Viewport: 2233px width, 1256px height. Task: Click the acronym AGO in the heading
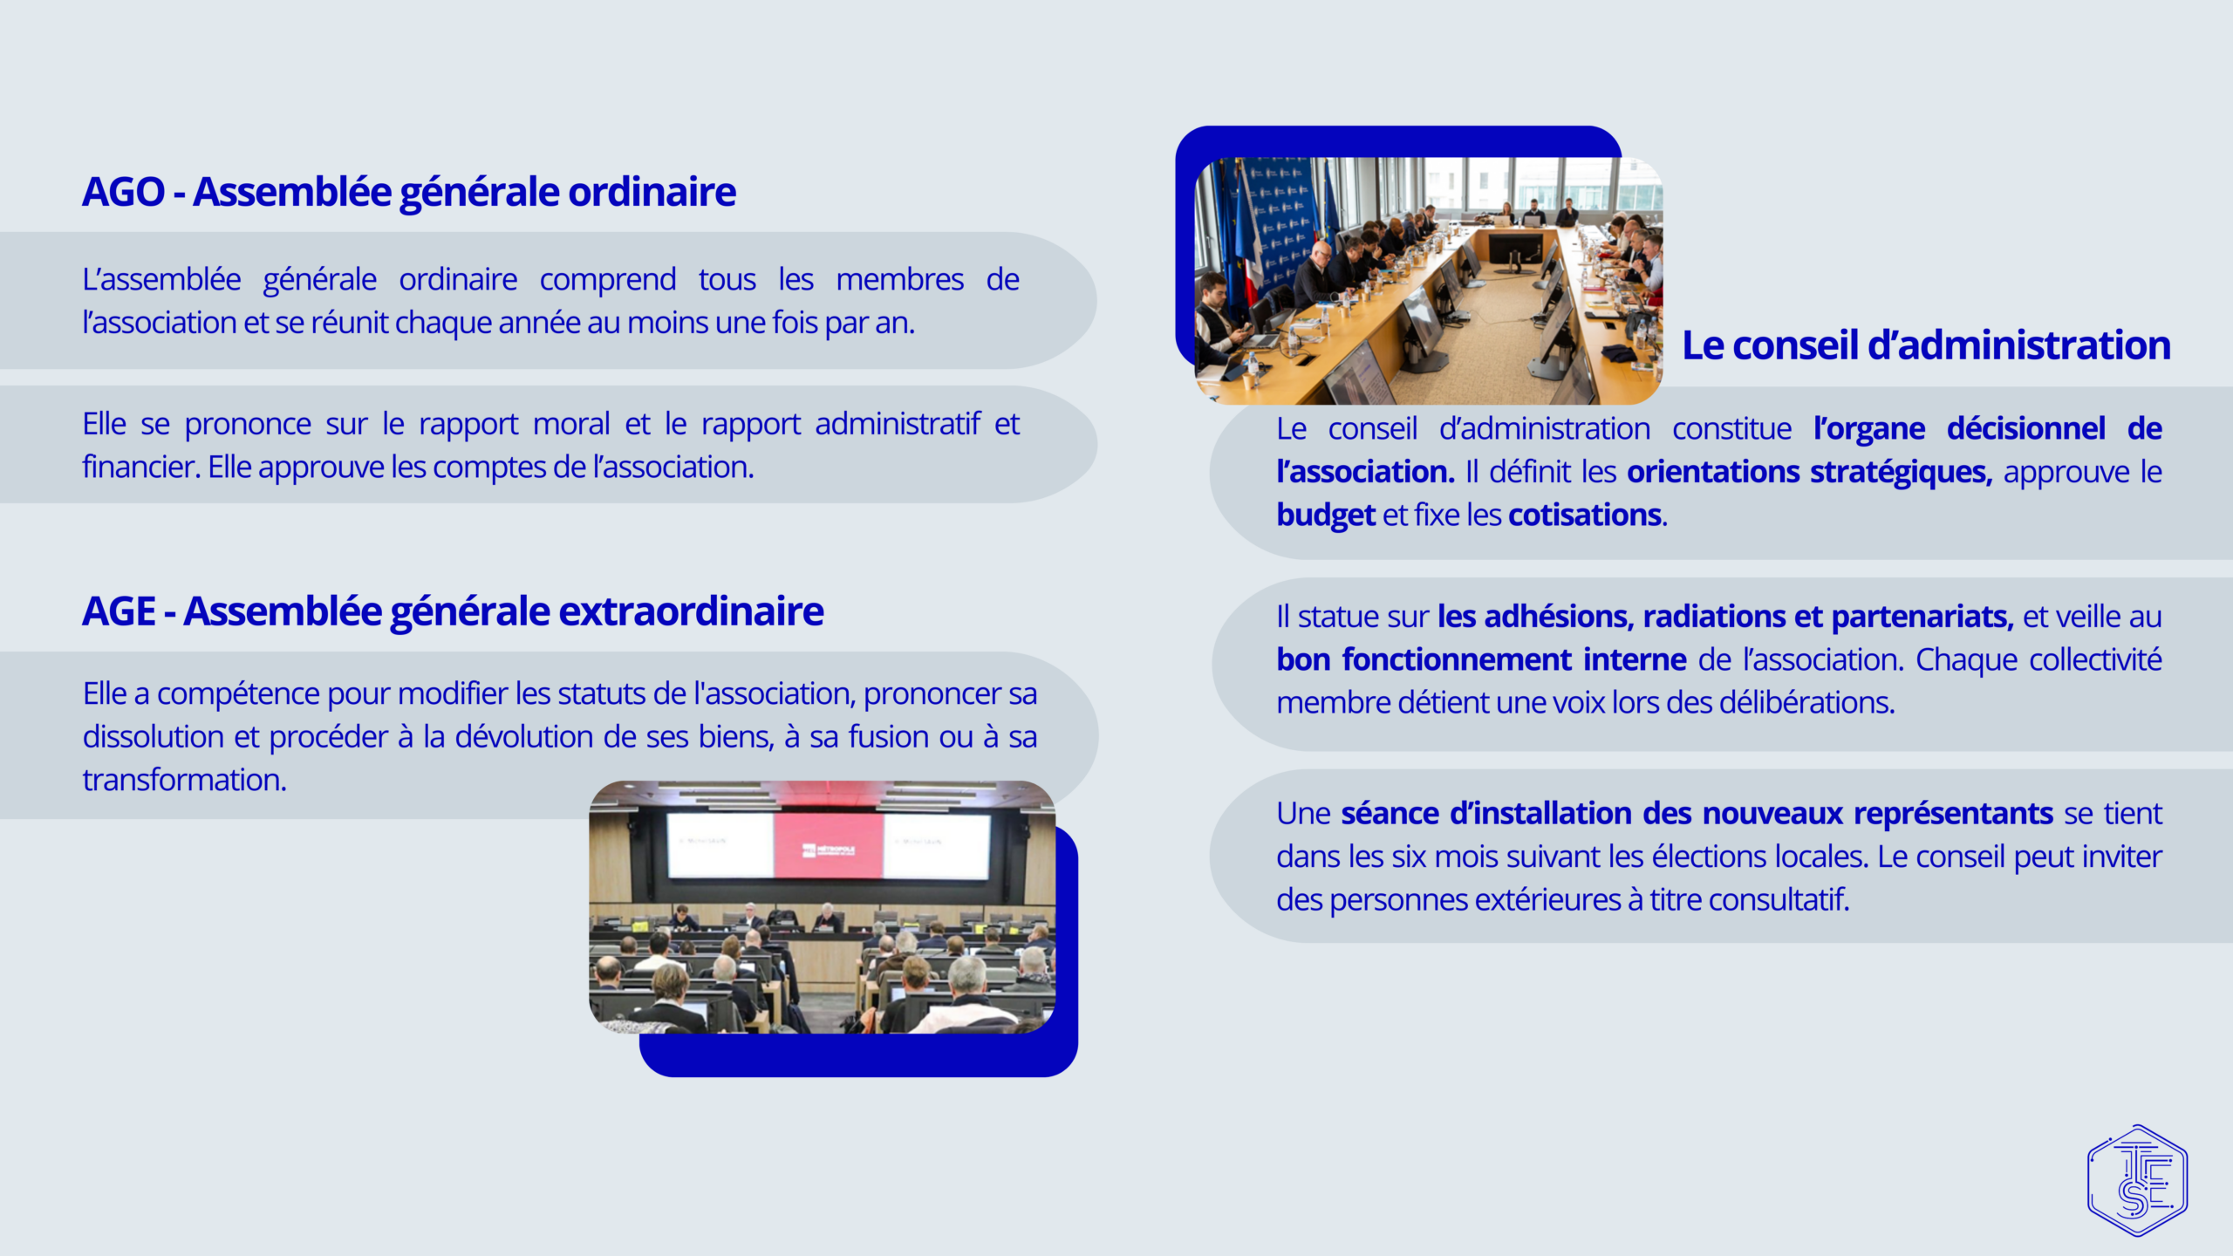click(x=123, y=192)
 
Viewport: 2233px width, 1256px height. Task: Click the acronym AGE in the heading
click(x=119, y=611)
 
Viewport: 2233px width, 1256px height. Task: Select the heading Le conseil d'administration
click(x=1926, y=345)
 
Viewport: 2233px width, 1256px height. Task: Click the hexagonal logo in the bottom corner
click(x=2137, y=1180)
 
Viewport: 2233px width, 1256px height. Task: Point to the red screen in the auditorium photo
click(x=829, y=846)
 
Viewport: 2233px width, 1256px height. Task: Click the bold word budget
click(x=1326, y=515)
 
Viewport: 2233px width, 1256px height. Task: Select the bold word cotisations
click(x=1585, y=515)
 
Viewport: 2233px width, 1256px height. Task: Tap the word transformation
click(x=183, y=780)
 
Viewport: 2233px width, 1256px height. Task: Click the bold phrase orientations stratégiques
click(x=1810, y=473)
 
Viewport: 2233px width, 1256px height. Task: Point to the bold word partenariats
click(x=1922, y=617)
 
